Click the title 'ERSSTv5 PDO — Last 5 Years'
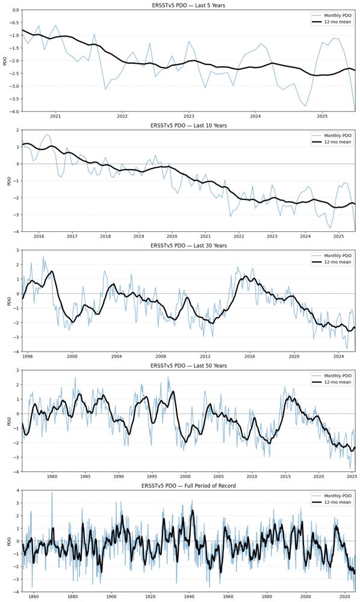(x=188, y=5)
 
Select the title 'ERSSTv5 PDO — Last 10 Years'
(x=188, y=125)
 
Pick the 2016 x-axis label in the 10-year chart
(x=39, y=237)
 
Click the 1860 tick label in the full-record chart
(x=33, y=596)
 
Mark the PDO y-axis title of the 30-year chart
(x=7, y=299)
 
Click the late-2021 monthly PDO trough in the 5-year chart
(x=105, y=89)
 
